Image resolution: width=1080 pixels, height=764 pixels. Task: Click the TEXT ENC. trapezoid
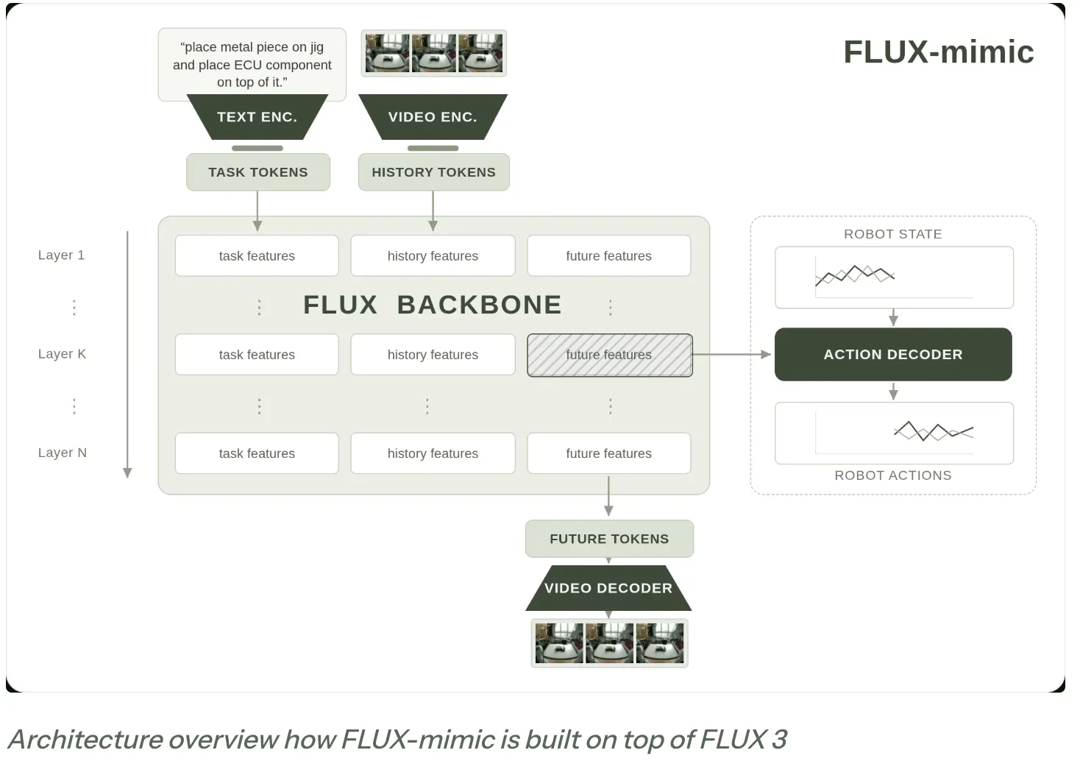coord(257,117)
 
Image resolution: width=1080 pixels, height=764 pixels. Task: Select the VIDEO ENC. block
coord(433,117)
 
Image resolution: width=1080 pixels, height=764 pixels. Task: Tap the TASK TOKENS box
coord(258,172)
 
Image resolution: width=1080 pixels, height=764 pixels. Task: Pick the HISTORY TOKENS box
coord(433,172)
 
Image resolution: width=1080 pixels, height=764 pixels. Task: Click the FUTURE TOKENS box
coord(609,539)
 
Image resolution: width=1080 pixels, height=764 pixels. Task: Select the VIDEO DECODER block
coord(608,588)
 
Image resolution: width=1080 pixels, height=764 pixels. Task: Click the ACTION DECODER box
coord(893,355)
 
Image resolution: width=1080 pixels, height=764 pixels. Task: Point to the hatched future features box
coord(610,355)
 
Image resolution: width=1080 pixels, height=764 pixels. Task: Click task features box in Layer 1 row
coord(257,255)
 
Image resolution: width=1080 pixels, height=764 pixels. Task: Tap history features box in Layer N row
coord(433,453)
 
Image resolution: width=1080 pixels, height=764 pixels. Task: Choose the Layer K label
coord(63,354)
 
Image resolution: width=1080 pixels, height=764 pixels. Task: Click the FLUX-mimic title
coord(939,52)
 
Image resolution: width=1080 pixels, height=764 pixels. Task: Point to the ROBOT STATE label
coord(893,234)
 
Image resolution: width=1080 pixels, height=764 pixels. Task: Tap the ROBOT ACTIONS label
coord(893,475)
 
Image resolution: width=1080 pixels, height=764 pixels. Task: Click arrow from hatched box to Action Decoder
coord(732,355)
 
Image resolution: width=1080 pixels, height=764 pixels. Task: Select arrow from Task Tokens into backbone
coord(257,211)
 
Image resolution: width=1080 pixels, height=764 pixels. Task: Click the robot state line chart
coord(854,275)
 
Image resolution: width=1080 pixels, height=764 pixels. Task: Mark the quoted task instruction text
coord(252,65)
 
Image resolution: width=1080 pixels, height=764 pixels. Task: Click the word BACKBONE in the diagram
coord(479,305)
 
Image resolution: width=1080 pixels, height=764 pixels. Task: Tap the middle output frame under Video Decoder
coord(609,643)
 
